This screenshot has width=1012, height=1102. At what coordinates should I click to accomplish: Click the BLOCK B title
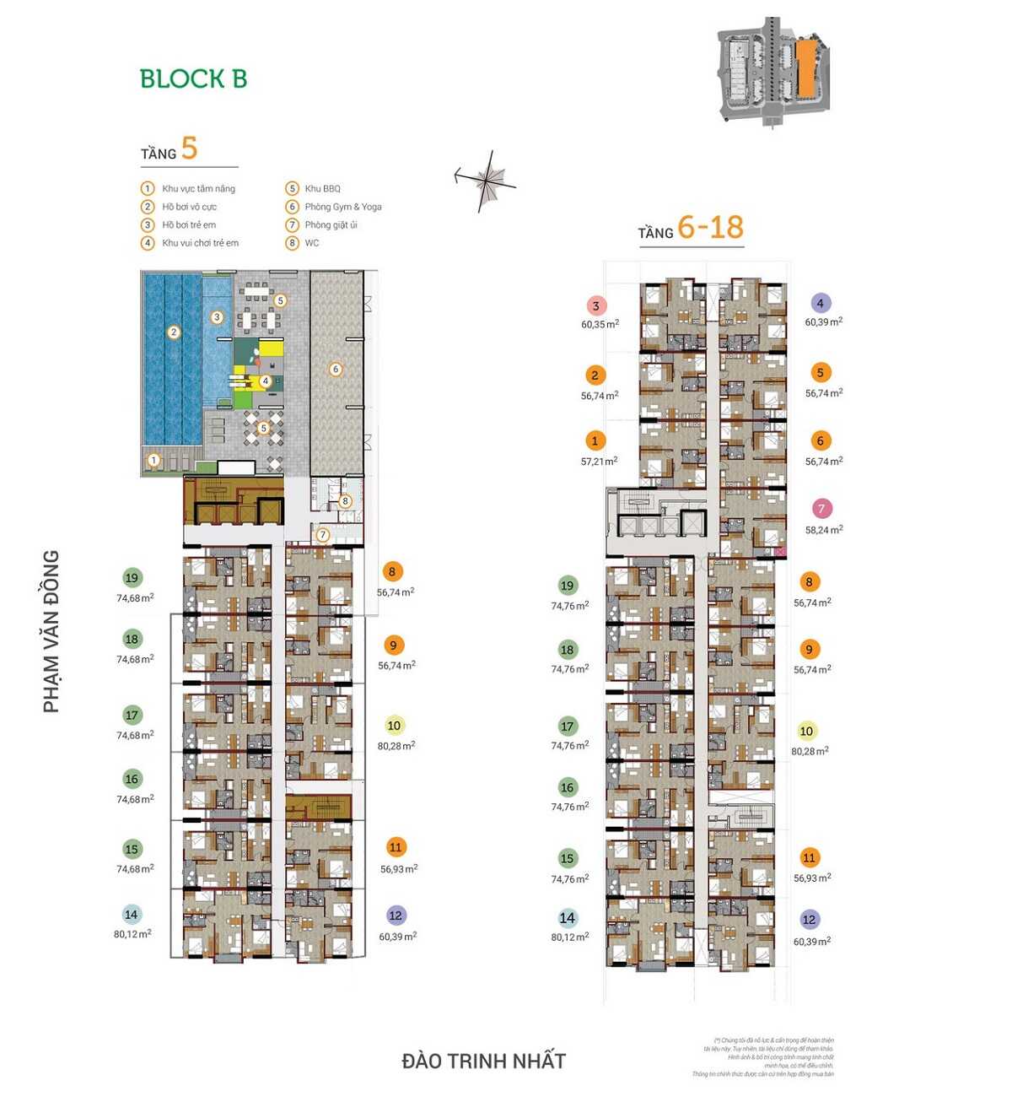click(193, 79)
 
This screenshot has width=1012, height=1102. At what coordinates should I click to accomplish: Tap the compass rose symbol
click(487, 180)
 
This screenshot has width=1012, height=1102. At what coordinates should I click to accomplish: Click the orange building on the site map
click(805, 68)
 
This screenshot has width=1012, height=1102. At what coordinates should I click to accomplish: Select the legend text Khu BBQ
click(322, 189)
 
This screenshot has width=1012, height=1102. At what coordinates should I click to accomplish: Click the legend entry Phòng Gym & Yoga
click(342, 207)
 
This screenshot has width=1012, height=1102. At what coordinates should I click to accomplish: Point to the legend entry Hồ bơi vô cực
click(189, 207)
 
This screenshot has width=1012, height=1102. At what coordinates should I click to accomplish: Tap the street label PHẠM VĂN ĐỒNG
click(51, 631)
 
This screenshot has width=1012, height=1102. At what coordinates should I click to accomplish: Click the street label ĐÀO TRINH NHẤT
click(483, 1061)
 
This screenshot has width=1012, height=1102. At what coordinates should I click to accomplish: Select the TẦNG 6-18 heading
click(692, 229)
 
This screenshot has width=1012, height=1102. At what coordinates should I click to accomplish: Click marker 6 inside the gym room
click(336, 369)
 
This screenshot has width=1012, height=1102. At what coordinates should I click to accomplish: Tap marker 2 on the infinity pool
click(174, 332)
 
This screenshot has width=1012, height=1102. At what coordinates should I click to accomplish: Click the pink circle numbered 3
click(596, 306)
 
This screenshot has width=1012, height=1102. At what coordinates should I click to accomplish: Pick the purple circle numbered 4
click(820, 303)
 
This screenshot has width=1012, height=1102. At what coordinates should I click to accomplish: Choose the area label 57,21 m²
click(599, 462)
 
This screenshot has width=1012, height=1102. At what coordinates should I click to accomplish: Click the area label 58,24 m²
click(824, 530)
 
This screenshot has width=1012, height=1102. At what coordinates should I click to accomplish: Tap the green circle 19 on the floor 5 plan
click(132, 578)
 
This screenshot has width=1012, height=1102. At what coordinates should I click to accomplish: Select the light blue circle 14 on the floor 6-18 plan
click(567, 918)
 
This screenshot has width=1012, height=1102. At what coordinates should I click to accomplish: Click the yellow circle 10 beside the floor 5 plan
click(394, 726)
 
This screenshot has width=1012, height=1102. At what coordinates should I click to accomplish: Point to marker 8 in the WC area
click(345, 501)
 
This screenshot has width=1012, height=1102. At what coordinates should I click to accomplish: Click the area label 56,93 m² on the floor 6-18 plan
click(811, 878)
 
